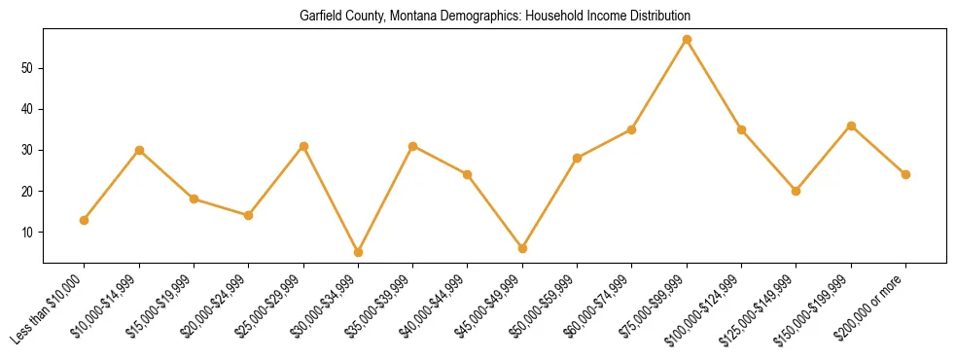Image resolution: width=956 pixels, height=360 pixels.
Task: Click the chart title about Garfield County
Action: (x=495, y=17)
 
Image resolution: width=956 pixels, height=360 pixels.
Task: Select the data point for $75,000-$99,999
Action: (x=687, y=40)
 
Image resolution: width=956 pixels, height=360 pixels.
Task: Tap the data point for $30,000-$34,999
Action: (x=358, y=252)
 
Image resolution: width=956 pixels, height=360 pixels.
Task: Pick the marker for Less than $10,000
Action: (x=85, y=220)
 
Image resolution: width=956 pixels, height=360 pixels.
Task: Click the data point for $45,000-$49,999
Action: (x=522, y=248)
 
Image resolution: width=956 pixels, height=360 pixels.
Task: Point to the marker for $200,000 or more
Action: (x=905, y=174)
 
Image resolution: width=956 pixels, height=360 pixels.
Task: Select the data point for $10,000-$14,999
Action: (x=139, y=150)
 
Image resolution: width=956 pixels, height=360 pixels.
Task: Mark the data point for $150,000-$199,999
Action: (x=851, y=126)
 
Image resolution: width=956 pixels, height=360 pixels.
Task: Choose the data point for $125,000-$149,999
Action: (x=796, y=191)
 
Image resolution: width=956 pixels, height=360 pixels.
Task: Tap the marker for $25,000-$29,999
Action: (x=303, y=146)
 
